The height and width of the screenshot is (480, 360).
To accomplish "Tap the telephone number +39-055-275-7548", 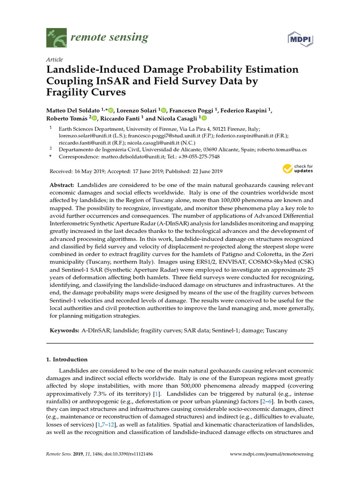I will (198, 157).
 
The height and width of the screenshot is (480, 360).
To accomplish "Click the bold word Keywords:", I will (65, 330).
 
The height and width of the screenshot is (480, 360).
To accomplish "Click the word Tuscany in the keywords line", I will (277, 330).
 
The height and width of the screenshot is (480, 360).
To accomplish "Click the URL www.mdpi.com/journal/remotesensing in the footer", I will (272, 454).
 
